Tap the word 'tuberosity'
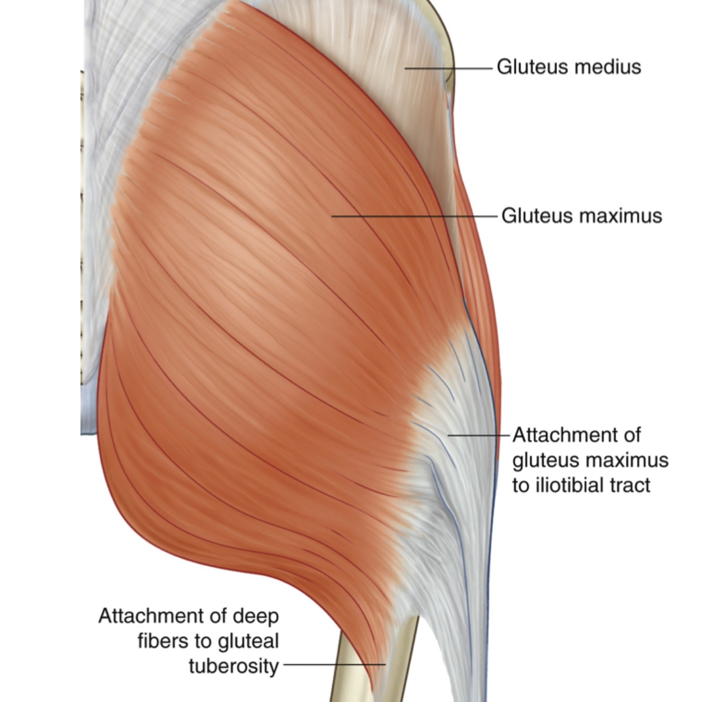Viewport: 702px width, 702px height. click(x=234, y=666)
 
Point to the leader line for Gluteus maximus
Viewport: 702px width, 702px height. click(x=416, y=216)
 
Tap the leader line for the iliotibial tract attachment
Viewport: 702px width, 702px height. click(x=479, y=435)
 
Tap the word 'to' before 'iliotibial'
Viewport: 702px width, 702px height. click(x=521, y=485)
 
